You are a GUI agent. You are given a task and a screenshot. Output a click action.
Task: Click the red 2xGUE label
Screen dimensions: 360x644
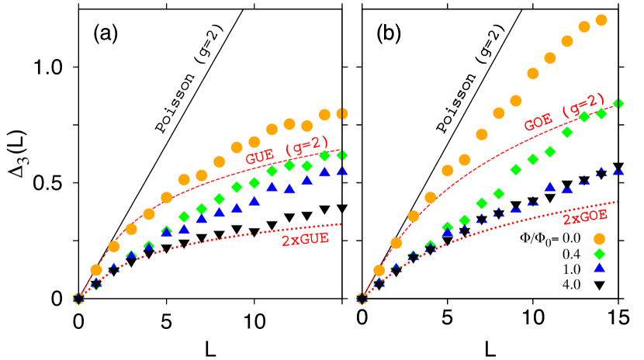click(305, 240)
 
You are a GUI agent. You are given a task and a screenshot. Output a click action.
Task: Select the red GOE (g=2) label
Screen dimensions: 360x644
click(564, 113)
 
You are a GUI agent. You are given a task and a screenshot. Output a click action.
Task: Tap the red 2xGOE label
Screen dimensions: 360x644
click(585, 218)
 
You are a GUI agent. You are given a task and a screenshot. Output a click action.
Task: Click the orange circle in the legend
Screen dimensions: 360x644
click(599, 239)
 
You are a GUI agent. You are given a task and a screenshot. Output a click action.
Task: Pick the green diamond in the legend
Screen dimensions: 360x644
click(599, 254)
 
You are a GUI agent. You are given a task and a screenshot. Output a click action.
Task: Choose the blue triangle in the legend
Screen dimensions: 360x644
click(599, 267)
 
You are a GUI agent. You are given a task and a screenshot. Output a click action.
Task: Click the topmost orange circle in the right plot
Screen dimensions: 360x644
click(601, 20)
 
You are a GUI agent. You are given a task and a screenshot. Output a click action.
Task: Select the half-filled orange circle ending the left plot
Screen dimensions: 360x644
click(342, 114)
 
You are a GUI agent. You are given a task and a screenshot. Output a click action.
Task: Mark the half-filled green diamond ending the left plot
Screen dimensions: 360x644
click(342, 155)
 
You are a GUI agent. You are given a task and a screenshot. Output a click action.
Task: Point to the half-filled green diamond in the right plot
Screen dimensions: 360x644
click(618, 104)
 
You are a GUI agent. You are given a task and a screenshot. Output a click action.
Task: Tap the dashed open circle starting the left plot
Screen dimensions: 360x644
click(78, 299)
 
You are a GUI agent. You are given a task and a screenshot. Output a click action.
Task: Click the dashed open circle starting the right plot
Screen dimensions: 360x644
click(362, 299)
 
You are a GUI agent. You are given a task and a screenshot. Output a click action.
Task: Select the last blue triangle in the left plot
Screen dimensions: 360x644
click(342, 170)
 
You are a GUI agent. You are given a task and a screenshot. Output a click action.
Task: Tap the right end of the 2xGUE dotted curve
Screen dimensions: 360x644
click(341, 224)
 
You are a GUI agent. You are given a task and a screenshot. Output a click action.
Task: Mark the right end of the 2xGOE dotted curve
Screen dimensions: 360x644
click(617, 202)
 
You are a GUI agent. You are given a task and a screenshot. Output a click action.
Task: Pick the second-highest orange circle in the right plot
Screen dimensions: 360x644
click(584, 27)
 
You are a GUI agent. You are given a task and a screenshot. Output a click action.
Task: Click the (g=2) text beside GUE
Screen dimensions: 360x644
click(306, 147)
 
